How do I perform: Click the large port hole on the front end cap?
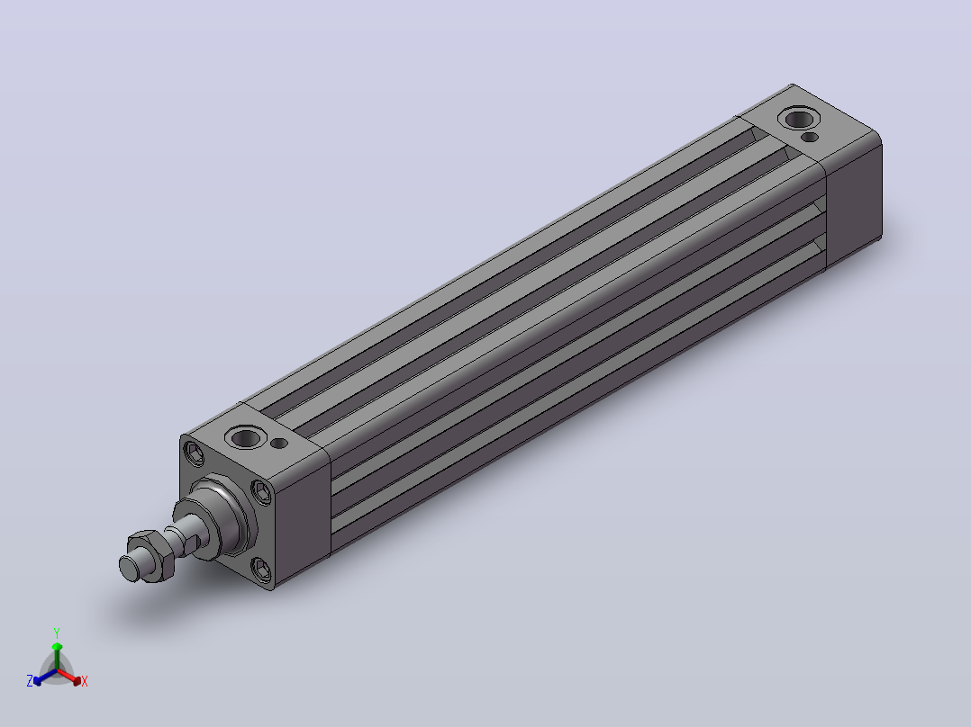click(245, 438)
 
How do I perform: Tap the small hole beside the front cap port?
click(280, 443)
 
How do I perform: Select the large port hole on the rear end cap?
click(799, 118)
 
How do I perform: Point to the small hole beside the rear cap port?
click(810, 137)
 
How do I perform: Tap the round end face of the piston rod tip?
click(129, 569)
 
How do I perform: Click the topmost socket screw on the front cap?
click(195, 454)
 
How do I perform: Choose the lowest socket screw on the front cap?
click(261, 570)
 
